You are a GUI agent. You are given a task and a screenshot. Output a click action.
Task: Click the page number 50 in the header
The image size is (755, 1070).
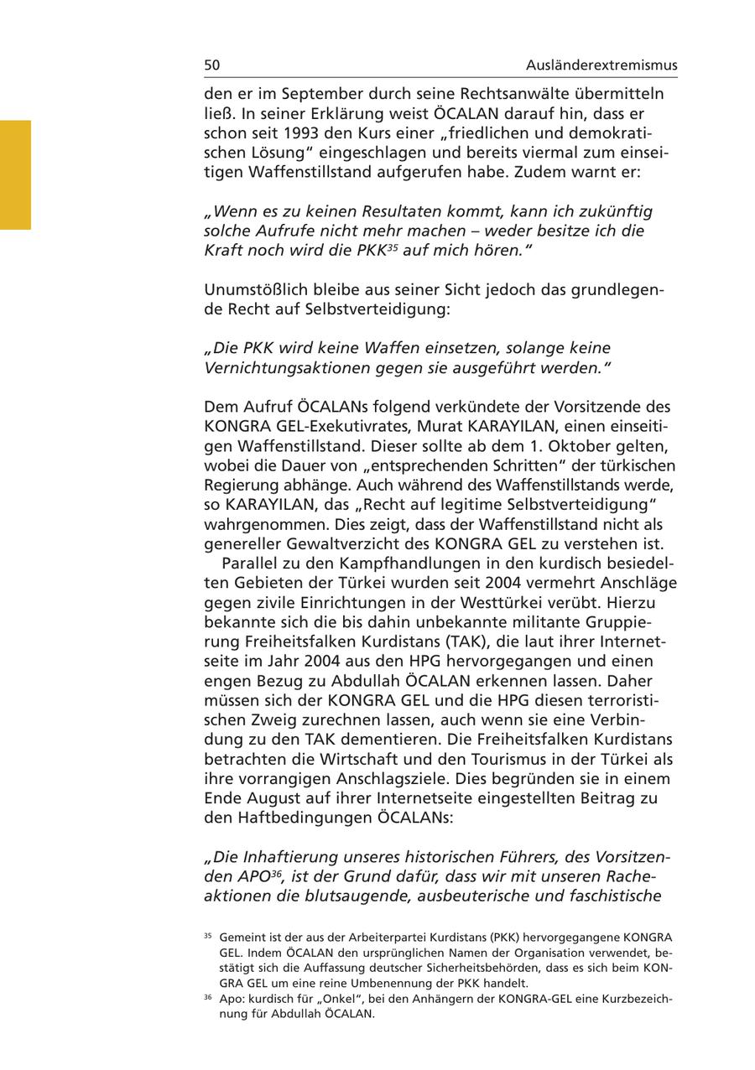211,65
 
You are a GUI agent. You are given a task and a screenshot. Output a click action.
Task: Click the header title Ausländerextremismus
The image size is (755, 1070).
601,65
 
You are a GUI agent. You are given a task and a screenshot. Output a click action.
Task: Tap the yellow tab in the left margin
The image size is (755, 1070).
15,174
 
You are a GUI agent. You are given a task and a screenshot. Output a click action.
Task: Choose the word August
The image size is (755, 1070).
270,798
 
